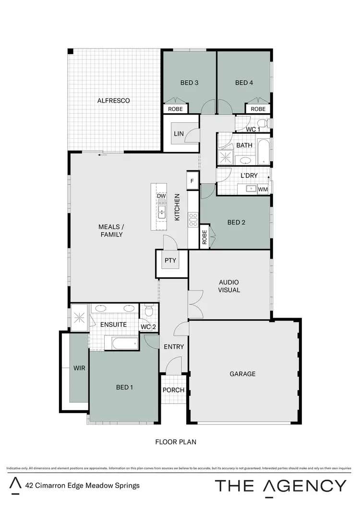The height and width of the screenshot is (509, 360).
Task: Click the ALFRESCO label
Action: [114, 101]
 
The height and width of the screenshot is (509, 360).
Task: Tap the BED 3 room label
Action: [190, 83]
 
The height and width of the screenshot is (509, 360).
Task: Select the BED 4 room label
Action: [244, 83]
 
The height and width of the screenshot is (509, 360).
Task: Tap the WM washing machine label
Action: [263, 189]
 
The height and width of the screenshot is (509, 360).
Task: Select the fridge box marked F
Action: [192, 181]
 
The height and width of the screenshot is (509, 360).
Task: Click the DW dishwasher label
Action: [161, 196]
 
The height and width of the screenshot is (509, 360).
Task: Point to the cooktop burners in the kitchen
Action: [193, 220]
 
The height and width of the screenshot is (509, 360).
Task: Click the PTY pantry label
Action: [170, 261]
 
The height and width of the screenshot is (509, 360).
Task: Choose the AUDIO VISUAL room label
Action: [229, 286]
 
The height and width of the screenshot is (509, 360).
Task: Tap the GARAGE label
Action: [242, 374]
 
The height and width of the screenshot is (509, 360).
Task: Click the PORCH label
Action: [173, 390]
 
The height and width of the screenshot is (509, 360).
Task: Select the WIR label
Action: [79, 368]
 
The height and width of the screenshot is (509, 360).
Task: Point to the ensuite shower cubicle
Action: [80, 318]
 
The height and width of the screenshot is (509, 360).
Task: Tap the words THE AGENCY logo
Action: [280, 485]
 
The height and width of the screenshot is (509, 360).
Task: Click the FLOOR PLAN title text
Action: [175, 442]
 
